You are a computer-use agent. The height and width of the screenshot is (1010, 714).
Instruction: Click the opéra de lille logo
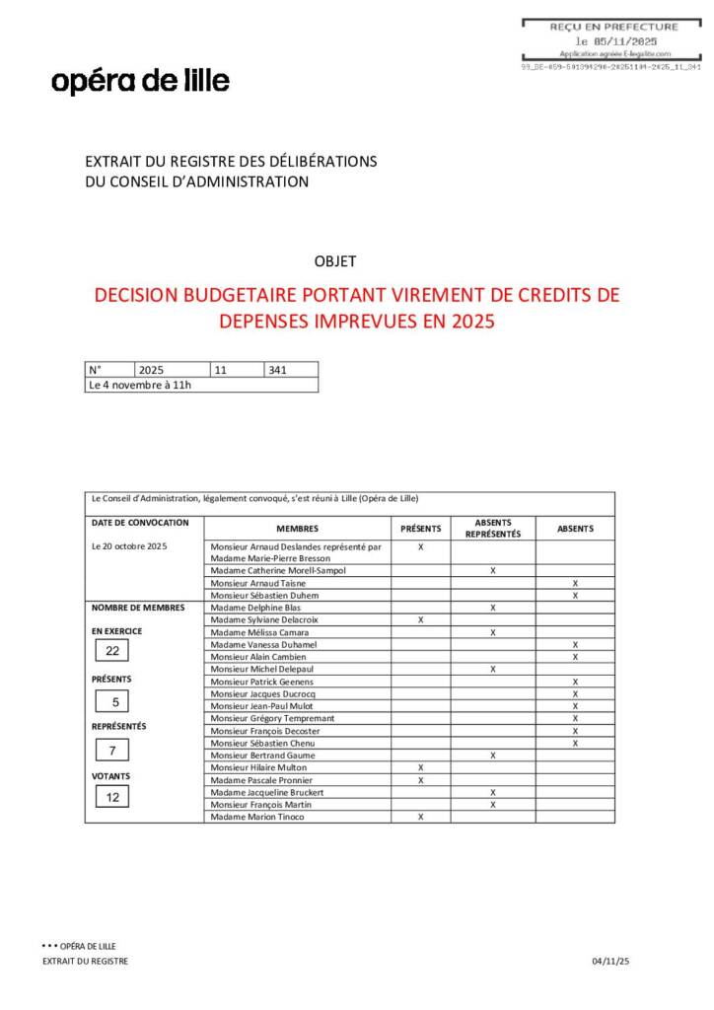tap(140, 81)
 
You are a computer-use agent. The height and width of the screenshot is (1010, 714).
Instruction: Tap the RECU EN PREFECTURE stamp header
tap(614, 27)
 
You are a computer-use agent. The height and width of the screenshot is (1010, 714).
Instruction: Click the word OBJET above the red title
tap(334, 261)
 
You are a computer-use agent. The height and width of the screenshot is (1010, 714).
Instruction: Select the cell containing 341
tap(290, 370)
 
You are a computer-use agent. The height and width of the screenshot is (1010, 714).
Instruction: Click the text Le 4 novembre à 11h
tap(140, 385)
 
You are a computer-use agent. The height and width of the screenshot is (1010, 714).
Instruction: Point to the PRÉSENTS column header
tap(420, 529)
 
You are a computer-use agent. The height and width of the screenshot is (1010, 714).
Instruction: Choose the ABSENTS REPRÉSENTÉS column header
tap(492, 529)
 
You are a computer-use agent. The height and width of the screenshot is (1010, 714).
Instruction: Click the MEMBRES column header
tap(297, 529)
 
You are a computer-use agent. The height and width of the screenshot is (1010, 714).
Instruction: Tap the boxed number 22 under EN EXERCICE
tap(112, 651)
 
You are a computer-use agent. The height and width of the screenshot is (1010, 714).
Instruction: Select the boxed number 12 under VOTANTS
tap(112, 797)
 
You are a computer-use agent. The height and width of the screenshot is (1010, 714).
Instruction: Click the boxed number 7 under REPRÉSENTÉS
tap(112, 751)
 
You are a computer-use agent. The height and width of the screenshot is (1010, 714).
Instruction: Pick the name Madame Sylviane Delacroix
tap(264, 619)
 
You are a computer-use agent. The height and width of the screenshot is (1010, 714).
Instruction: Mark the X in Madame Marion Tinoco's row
tap(420, 817)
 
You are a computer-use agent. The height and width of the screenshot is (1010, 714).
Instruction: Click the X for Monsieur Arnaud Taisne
tap(575, 583)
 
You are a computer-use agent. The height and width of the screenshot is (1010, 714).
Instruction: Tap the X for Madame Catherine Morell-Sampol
tap(492, 571)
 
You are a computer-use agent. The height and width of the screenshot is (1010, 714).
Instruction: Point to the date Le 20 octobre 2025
tap(129, 546)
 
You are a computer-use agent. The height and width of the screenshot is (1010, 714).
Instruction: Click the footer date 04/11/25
tap(610, 961)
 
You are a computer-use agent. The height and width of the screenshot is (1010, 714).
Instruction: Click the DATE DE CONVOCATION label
tap(139, 523)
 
